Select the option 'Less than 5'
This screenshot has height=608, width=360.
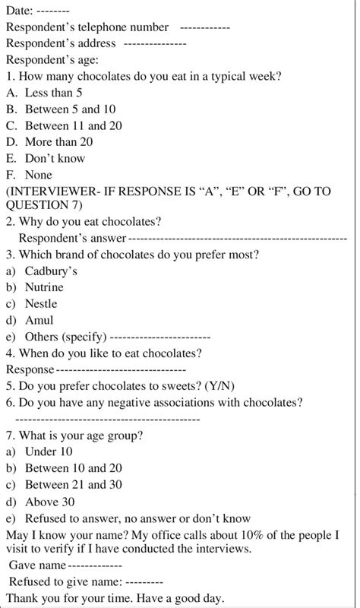53,92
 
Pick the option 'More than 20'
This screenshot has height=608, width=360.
58,142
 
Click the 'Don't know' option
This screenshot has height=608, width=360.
55,158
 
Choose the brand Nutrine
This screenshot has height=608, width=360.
44,287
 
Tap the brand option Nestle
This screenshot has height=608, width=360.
41,304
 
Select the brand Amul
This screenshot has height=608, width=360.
39,320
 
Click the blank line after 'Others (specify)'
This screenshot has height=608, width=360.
160,337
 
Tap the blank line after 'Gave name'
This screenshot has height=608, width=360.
94,567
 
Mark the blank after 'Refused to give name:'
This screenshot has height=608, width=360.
141,582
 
